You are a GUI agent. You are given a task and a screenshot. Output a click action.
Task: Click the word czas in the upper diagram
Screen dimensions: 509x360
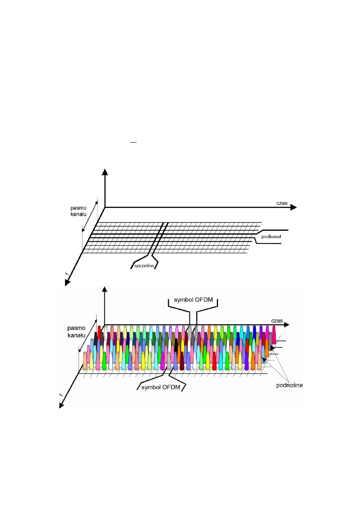(282, 203)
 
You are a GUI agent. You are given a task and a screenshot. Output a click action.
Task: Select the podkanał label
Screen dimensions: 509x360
(271, 237)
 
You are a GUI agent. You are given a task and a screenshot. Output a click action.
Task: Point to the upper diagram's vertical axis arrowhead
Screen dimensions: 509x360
(105, 172)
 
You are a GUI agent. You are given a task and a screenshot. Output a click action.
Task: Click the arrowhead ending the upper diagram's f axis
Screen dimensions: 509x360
(67, 282)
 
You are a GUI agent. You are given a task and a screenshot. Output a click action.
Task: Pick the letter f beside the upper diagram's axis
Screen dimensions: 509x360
(66, 274)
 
